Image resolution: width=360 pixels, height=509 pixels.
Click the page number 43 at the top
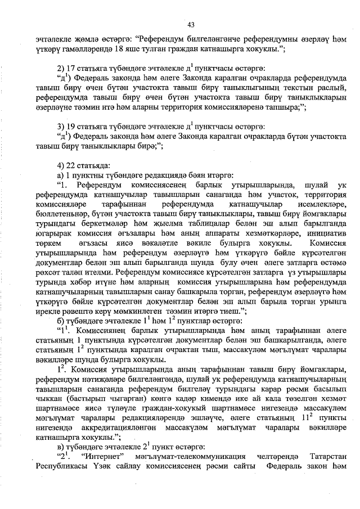coord(191,25)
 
